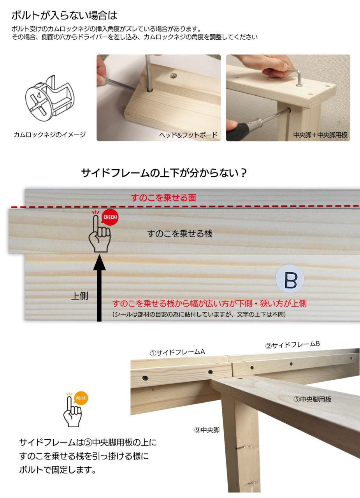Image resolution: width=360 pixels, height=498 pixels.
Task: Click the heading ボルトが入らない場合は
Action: tap(64, 15)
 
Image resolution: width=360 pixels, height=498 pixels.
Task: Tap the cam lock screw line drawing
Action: tap(50, 98)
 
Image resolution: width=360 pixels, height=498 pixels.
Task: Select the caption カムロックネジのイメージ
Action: tap(49, 135)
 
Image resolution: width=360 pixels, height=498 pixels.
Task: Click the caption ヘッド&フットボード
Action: tap(188, 135)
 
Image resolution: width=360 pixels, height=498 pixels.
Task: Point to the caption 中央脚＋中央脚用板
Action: tap(320, 135)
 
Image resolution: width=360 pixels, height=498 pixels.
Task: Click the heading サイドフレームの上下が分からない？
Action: tap(164, 173)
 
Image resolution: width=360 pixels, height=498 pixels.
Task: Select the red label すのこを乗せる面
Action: tap(163, 198)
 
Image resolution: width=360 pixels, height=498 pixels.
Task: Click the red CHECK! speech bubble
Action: tap(110, 217)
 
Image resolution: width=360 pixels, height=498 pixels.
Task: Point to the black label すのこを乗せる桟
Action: tap(180, 234)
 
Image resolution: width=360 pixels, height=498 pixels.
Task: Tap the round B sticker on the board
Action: tap(290, 279)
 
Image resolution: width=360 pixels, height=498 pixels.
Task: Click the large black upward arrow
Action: tap(99, 288)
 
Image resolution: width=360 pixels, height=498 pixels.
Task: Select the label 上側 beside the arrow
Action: tap(79, 296)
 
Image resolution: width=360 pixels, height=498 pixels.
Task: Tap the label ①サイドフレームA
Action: tap(177, 352)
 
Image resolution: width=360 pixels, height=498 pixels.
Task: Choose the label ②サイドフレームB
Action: tap(292, 345)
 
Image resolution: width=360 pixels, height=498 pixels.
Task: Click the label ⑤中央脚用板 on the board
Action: tap(313, 399)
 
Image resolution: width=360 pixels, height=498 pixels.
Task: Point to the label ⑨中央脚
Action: tap(207, 430)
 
